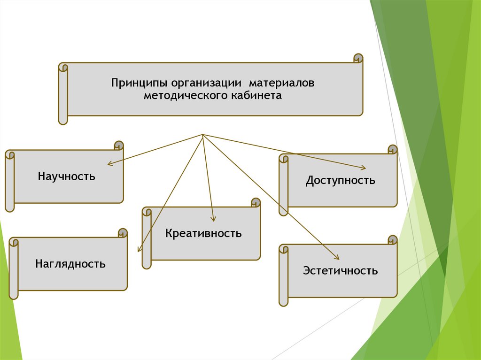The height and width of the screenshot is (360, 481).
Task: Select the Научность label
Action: coord(67,176)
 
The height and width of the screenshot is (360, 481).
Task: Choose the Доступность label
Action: coord(341,180)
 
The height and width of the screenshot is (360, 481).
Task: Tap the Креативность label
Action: coord(203,233)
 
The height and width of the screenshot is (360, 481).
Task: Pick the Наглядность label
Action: coord(70,264)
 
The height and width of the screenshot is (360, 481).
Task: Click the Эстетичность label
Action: coord(341,271)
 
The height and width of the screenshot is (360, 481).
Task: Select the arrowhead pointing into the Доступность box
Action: coord(363,168)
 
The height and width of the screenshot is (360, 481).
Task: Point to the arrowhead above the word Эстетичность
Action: coord(337,257)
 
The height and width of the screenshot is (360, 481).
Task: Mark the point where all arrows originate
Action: coord(202,135)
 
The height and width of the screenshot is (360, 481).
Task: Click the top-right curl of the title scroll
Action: coord(358,59)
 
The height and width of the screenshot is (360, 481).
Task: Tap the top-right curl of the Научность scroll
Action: coord(119,145)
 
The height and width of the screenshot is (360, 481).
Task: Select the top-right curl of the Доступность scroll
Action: coord(393,150)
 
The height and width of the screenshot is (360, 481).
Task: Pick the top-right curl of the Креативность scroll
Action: coord(256,203)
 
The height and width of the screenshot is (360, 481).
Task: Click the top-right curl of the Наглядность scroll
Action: coord(123,233)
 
